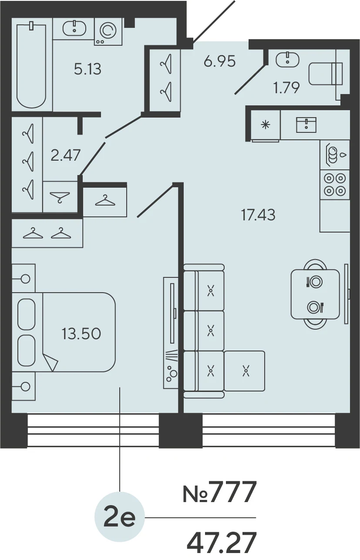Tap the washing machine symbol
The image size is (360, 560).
tap(108, 31)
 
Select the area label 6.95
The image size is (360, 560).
tap(219, 61)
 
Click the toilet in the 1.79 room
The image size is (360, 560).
tap(326, 74)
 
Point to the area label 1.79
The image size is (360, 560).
tap(286, 88)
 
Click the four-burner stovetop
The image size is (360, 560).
tap(335, 185)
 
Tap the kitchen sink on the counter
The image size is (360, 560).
tap(306, 125)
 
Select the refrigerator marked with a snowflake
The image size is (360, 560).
tap(266, 125)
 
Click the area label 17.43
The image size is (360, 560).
tap(258, 215)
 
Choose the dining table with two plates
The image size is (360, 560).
tap(315, 294)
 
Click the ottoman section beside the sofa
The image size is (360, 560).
tap(245, 371)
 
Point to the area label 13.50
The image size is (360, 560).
tap(81, 334)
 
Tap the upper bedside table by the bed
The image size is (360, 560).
tap(24, 278)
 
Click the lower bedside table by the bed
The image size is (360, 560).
tap(24, 386)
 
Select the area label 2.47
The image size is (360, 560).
tap(65, 155)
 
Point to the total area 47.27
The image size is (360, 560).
tap(222, 541)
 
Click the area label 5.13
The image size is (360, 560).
tap(87, 69)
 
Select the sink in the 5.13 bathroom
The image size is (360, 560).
tap(74, 28)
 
